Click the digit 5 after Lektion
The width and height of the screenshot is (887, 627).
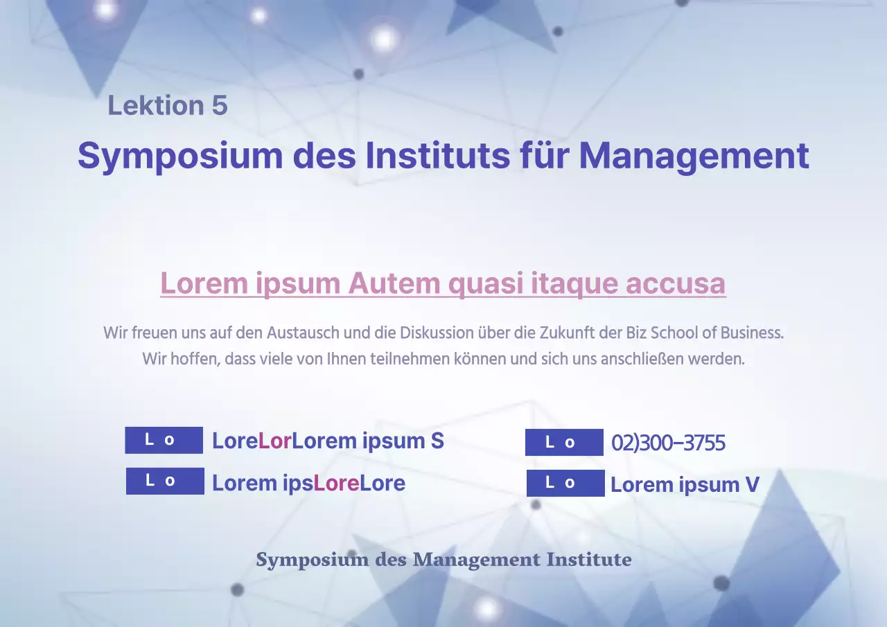(x=219, y=106)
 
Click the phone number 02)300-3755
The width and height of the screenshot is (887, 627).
(x=668, y=443)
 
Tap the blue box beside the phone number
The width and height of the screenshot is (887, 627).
(x=564, y=443)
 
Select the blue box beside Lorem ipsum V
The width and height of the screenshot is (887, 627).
(x=565, y=484)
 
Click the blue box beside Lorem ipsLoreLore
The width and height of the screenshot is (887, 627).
(x=165, y=482)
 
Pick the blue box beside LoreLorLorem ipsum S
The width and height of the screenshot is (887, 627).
(x=164, y=441)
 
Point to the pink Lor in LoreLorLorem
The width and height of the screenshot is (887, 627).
(x=274, y=441)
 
